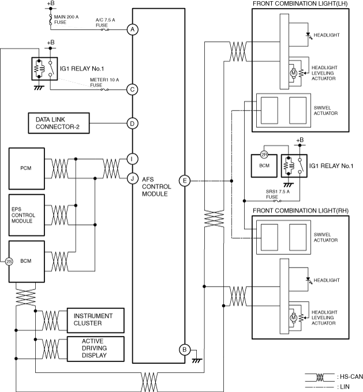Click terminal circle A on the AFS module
[x=133, y=29]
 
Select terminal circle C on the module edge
[x=133, y=89]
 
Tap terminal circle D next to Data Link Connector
[x=133, y=123]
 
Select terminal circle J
[x=133, y=178]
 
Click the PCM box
[x=25, y=168]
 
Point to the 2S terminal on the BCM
[x=9, y=261]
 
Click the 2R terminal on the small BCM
[x=263, y=154]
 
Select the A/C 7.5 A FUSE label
[x=106, y=22]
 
